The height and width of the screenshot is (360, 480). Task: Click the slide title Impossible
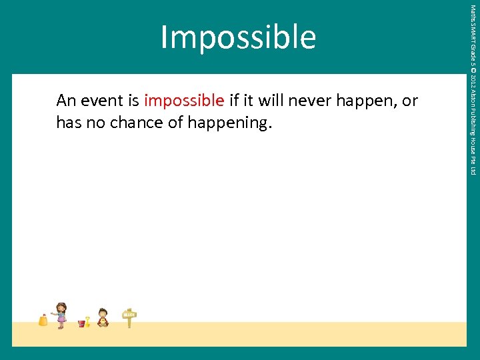coord(237,37)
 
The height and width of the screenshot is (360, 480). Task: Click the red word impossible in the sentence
coord(183,101)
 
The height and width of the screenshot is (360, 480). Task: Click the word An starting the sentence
coord(66,101)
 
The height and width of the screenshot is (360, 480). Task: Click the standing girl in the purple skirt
coord(61,315)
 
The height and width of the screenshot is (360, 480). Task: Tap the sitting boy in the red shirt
coord(103,317)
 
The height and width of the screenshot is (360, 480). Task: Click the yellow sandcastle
coord(43,320)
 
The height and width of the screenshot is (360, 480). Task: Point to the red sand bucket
coord(81,323)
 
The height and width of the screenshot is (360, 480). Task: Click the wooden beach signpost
coord(129,317)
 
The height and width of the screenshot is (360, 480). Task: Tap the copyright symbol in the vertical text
coord(473,73)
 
